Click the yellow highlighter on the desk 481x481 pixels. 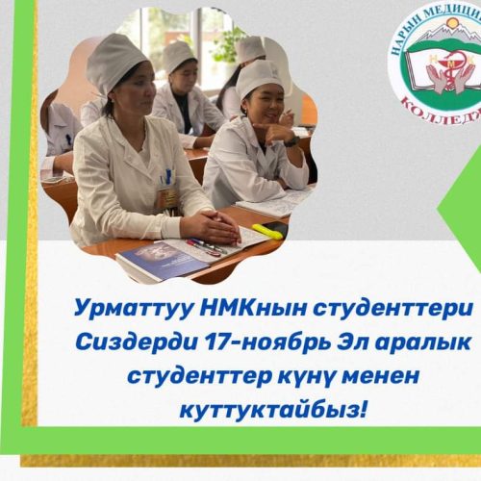[x=267, y=232]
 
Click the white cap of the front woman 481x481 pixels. [x=116, y=62]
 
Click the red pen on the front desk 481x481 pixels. [x=204, y=246]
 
